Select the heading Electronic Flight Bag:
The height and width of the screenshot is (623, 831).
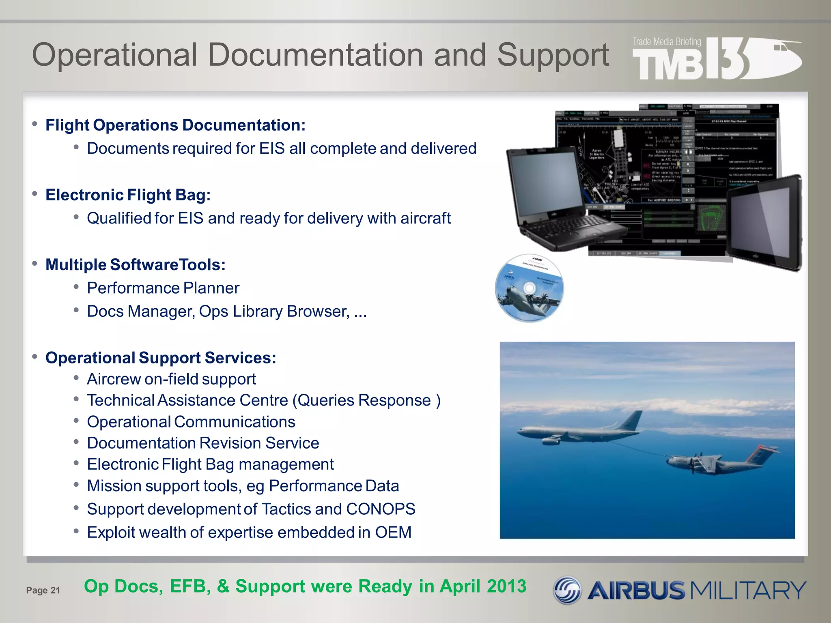coord(128,195)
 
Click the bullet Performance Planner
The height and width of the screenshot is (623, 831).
coord(163,288)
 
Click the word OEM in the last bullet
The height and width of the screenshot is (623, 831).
coord(393,532)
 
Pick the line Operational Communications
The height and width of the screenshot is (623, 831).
coord(191,422)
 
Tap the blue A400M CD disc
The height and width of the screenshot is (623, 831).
coord(529,288)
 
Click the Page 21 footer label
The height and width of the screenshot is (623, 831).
coord(43,590)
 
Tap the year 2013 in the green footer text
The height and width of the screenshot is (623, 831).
coord(506,586)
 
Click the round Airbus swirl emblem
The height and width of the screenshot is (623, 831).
coord(567,590)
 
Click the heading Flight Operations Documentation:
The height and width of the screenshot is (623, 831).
coord(175,125)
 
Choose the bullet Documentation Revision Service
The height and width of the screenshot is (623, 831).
coord(203,443)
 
